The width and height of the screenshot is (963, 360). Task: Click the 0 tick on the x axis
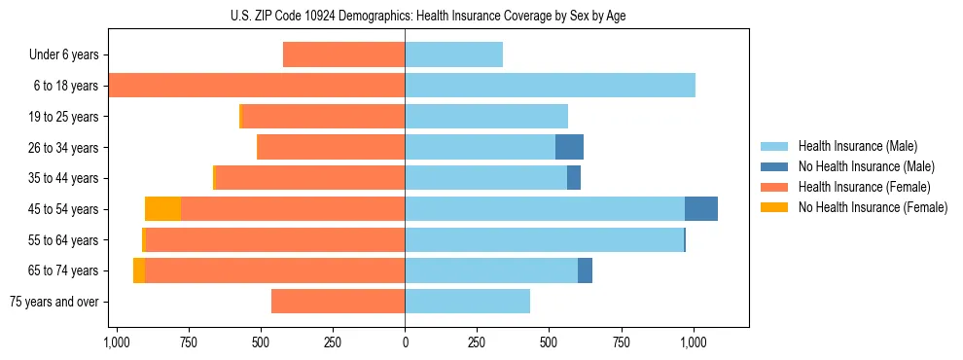click(405, 342)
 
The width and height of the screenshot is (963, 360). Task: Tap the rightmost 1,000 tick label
click(693, 342)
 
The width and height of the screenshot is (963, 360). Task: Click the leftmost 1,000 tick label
click(116, 342)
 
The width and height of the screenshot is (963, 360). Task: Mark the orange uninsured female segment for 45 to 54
click(162, 209)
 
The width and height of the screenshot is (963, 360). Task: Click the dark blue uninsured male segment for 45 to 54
click(700, 209)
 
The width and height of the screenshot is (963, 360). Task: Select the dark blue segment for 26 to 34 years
click(569, 148)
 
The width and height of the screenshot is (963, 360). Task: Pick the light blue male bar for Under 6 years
click(453, 55)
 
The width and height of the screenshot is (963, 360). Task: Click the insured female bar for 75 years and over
click(338, 302)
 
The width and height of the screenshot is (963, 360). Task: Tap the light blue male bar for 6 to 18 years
click(550, 86)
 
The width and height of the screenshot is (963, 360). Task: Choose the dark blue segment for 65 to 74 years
click(585, 270)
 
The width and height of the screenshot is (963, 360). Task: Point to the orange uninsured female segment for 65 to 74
click(139, 270)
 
